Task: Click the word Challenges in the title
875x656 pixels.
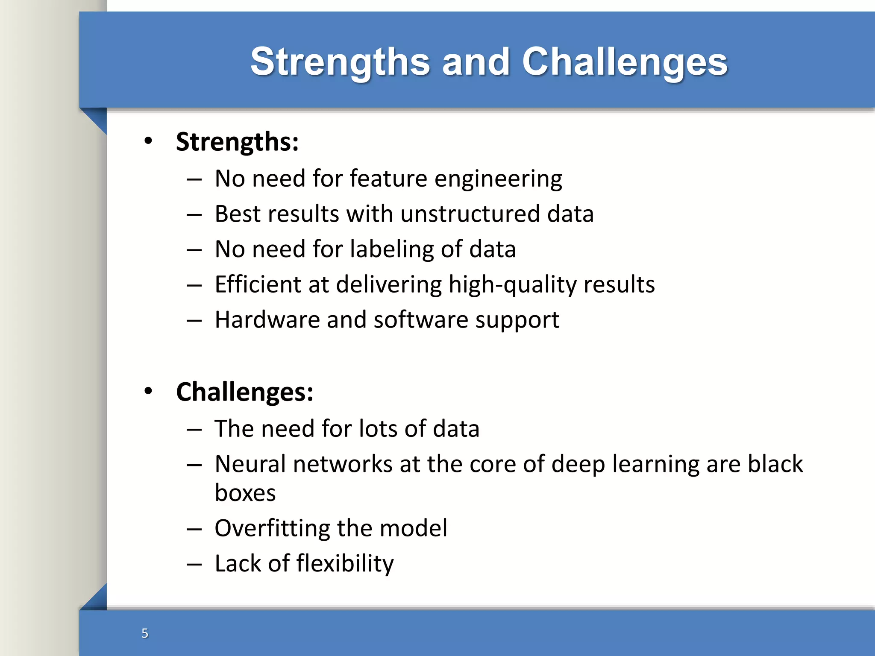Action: tap(624, 62)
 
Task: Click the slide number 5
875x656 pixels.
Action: tap(145, 633)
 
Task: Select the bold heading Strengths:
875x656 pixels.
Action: tap(237, 142)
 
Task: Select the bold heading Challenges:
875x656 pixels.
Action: tap(244, 392)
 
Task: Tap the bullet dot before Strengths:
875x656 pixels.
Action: tap(148, 141)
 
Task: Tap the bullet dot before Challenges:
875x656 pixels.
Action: tap(148, 391)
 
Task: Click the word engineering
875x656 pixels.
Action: tap(498, 179)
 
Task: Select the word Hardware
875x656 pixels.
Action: tap(267, 320)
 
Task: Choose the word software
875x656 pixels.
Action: tap(420, 320)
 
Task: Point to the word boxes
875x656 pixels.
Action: tap(245, 493)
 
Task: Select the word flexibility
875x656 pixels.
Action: tap(345, 564)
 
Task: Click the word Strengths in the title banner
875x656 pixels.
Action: tap(340, 62)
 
